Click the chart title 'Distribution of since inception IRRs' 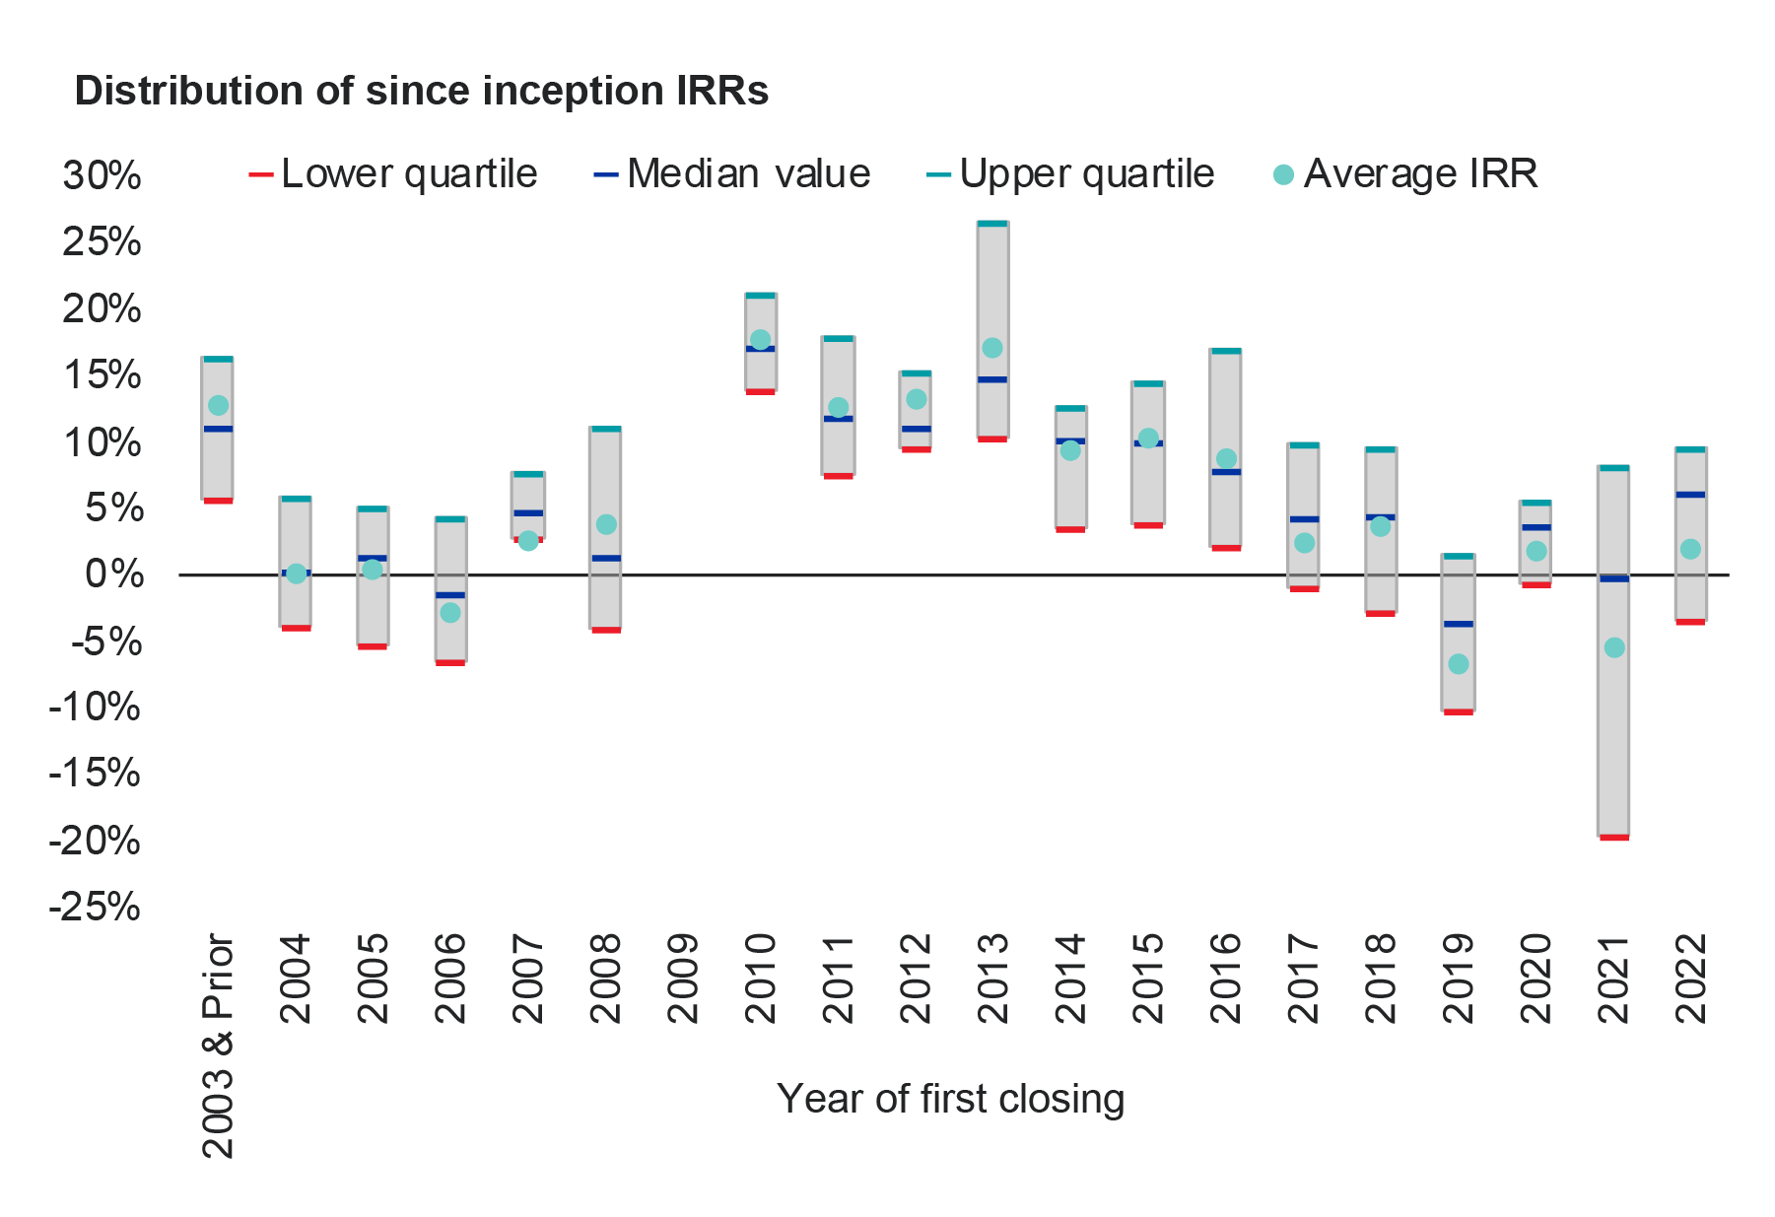coord(421,91)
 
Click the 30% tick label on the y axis coord(102,176)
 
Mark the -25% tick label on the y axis coord(95,907)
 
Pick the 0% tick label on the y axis coord(113,575)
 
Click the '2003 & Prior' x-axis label coord(218,1045)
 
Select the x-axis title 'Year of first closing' coord(950,1099)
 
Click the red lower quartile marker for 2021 coord(1613,838)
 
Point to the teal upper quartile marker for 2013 coord(992,224)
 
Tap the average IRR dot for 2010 coord(760,340)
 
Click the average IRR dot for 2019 coord(1458,664)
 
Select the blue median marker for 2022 coord(1690,495)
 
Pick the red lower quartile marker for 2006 coord(450,662)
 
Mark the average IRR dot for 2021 coord(1613,647)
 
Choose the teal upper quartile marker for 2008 coord(606,429)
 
